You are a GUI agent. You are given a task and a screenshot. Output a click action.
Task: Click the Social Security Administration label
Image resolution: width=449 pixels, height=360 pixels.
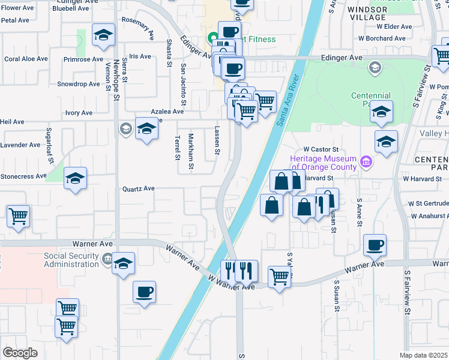coord(71,260)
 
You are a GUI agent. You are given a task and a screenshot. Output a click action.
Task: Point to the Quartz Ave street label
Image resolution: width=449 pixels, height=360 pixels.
coord(139,188)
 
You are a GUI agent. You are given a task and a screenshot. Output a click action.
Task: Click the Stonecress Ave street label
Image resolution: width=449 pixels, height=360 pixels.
coord(23,176)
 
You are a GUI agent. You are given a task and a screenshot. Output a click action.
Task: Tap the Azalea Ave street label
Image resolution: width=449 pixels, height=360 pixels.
coord(167,112)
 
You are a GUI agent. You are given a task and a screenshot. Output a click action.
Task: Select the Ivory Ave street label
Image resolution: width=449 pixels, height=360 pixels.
coord(79,113)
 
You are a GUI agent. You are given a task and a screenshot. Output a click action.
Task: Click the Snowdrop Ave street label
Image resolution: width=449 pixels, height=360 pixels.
coord(78,84)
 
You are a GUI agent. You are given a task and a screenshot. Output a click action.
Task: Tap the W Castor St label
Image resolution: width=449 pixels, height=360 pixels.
coord(321,149)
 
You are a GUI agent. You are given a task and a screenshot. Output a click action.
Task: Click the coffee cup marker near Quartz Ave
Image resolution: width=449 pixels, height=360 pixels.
coord(144,292)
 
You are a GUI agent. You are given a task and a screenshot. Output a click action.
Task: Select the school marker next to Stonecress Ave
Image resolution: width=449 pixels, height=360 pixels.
coord(76,178)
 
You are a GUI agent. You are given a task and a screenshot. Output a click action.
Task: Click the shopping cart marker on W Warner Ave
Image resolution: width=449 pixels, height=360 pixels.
coord(279,277)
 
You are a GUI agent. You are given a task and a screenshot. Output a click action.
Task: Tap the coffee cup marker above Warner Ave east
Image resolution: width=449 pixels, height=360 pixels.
coord(375,245)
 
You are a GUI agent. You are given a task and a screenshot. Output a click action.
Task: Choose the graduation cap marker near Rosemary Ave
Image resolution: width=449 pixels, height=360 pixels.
coord(104,35)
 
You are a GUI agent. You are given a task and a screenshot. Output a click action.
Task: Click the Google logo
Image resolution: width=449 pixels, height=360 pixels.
coord(20,353)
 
